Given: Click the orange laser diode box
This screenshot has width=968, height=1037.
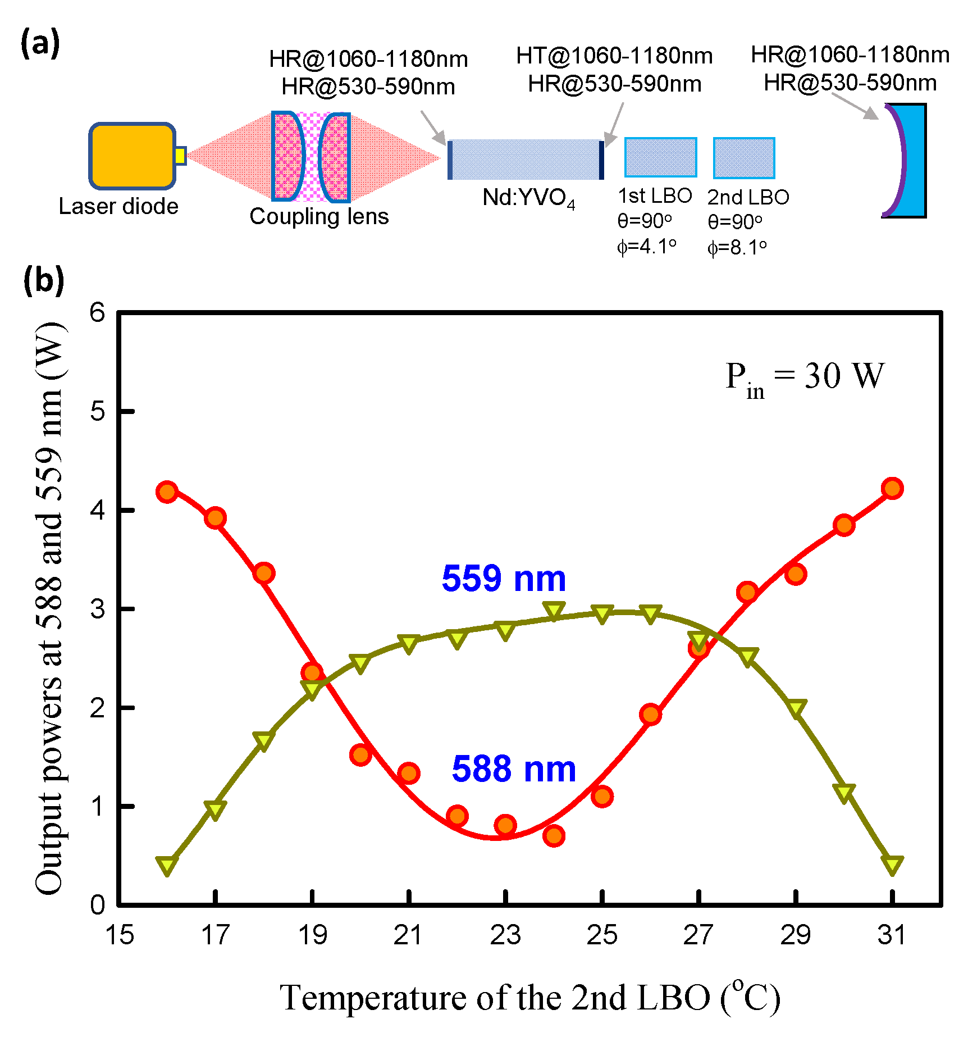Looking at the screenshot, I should click(133, 156).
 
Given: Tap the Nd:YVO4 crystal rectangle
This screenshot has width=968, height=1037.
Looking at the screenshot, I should click(525, 160).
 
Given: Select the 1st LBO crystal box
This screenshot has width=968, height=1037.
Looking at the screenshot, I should click(660, 157).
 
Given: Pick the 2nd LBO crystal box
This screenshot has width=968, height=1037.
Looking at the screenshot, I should click(744, 158).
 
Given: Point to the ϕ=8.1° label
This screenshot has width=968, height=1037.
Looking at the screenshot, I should click(736, 247).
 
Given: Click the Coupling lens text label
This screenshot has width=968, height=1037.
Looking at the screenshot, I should click(319, 216).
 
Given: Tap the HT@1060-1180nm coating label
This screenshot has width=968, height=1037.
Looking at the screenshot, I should click(614, 56).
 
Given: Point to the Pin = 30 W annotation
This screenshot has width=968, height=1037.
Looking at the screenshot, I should click(804, 377).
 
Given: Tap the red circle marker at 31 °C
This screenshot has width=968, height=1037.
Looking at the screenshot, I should click(892, 488).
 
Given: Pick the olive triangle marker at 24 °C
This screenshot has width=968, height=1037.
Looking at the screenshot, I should click(554, 611).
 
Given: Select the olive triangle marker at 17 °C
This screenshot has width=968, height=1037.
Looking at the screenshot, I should click(216, 809).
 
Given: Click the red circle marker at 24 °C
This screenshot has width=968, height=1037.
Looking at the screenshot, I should click(554, 836).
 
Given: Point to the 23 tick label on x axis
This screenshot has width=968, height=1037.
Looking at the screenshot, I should click(505, 935).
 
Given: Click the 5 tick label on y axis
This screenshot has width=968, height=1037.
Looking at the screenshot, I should click(98, 412).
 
